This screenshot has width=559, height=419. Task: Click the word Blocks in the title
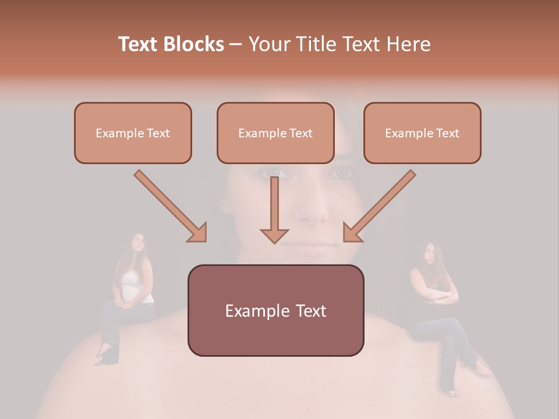click(x=194, y=44)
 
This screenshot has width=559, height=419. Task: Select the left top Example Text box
click(x=133, y=133)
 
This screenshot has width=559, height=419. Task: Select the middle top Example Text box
click(x=275, y=133)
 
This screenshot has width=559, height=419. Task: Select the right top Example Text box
click(x=422, y=133)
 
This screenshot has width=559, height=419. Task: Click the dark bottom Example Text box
click(x=275, y=310)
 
